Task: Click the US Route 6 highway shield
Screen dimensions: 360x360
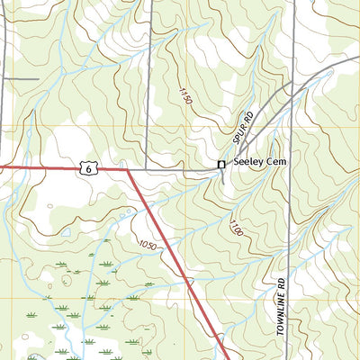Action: [86, 167]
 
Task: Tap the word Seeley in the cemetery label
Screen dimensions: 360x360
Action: [247, 164]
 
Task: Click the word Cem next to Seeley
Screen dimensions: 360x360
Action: [274, 164]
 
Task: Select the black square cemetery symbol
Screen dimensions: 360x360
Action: [220, 164]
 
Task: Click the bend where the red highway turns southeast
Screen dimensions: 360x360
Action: [128, 169]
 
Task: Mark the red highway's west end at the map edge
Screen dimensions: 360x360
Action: [2, 166]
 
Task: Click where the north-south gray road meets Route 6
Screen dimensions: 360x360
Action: [148, 169]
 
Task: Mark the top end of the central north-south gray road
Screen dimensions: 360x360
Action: [148, 2]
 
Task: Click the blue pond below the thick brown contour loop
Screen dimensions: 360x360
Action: [66, 231]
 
